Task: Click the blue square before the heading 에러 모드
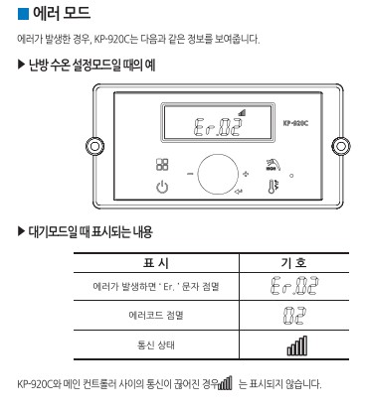click(25, 14)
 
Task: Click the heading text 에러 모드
click(62, 14)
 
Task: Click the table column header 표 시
click(156, 263)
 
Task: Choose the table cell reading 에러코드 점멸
click(156, 316)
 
